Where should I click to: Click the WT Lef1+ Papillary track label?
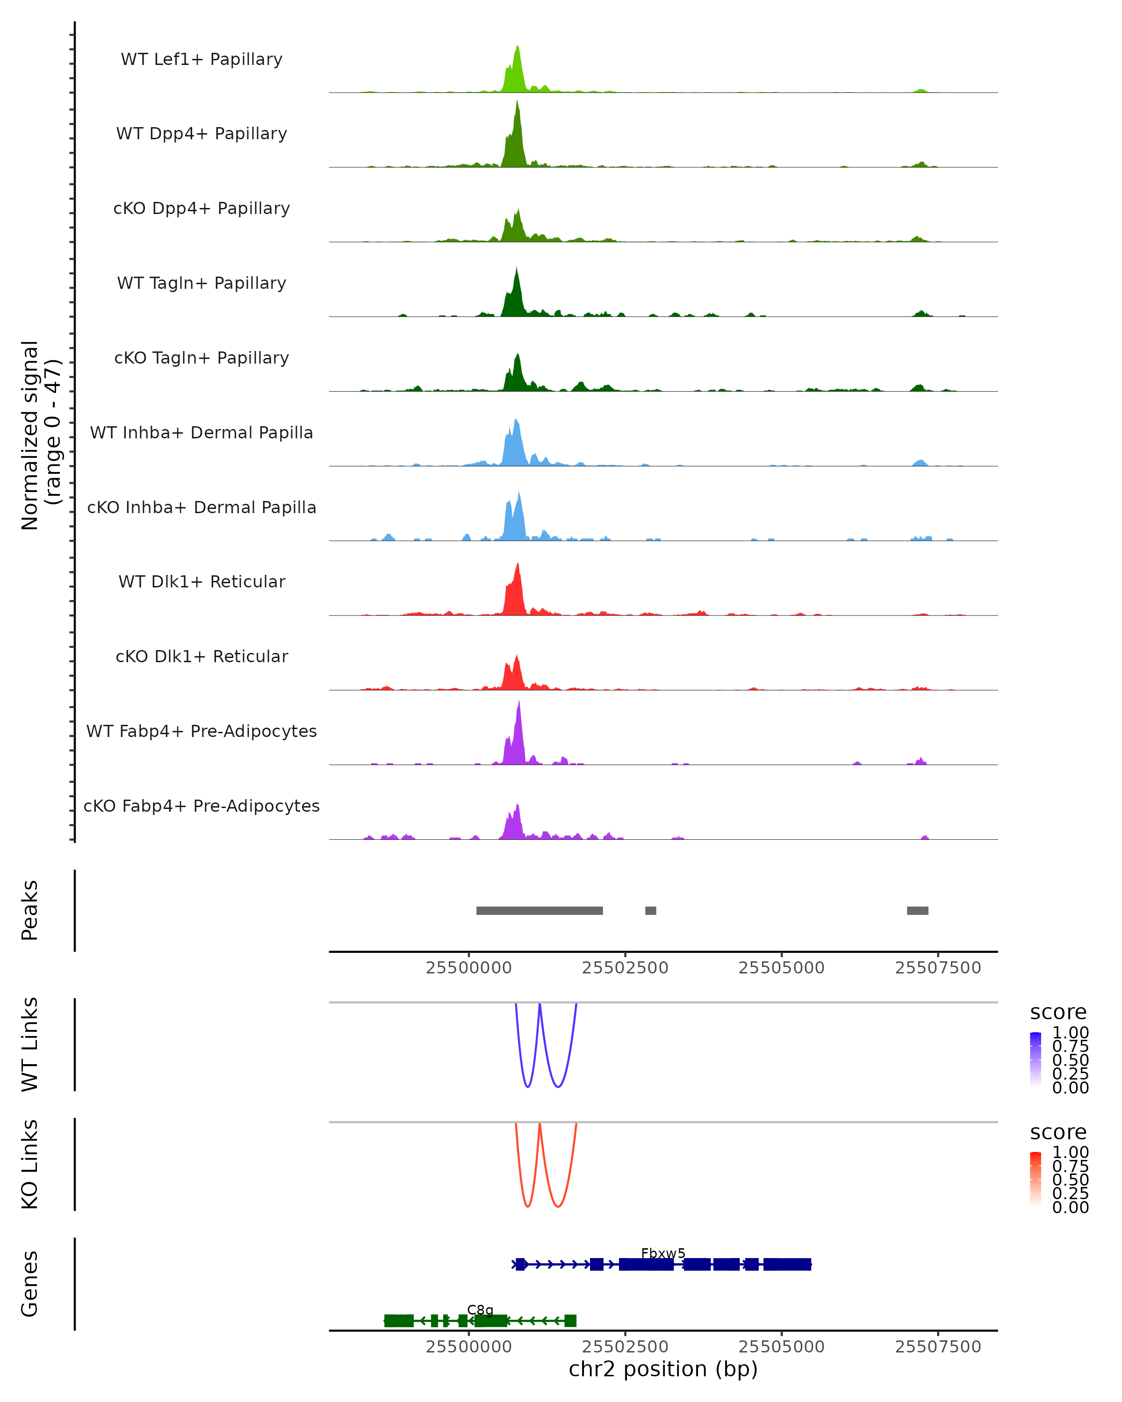point(201,59)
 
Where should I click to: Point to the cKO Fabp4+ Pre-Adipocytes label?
point(201,806)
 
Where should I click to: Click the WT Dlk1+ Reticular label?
point(201,581)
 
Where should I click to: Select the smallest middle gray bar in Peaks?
point(650,910)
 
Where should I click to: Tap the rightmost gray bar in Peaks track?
point(917,910)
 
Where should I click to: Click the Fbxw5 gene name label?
point(663,1253)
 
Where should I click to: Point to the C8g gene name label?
point(480,1309)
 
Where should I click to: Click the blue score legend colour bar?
point(1036,1059)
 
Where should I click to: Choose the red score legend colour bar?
point(1036,1179)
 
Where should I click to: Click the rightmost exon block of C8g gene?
point(570,1321)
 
